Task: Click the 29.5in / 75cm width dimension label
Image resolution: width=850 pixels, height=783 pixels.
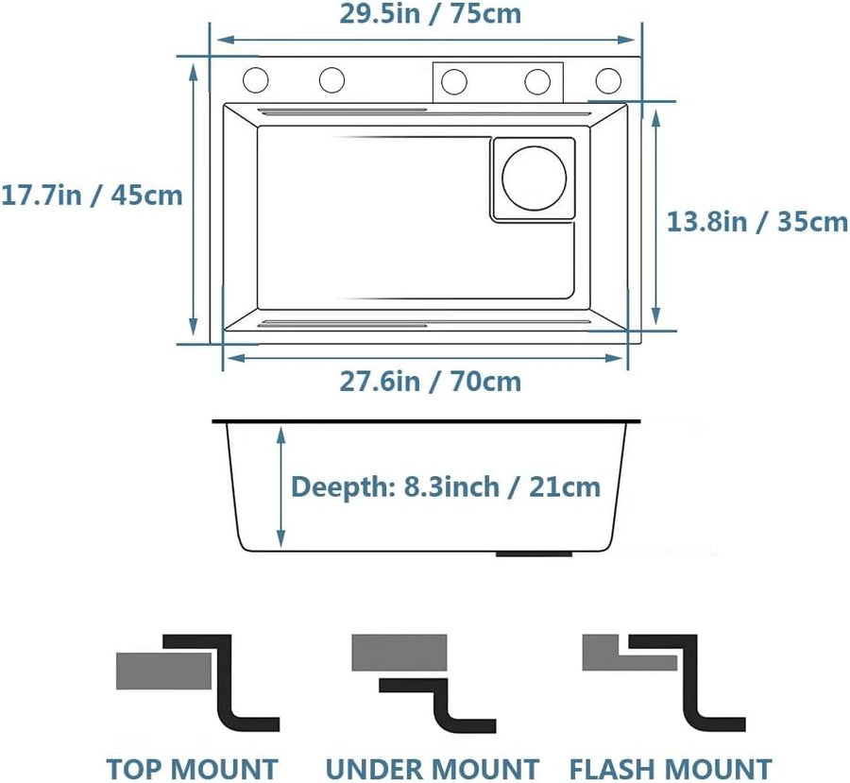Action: coord(431,14)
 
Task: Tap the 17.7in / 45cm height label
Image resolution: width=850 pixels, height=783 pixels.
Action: coord(93,196)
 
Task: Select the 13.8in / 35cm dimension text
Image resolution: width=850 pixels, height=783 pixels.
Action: coord(756,222)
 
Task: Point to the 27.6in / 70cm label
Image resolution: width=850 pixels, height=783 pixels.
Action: coord(431,382)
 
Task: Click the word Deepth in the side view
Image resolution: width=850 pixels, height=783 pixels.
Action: coord(340,487)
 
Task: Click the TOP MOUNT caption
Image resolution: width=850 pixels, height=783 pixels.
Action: coord(192,769)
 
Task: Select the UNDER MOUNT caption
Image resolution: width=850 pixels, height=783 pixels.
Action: coord(433,769)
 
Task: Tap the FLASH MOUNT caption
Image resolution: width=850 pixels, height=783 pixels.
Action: coord(671,769)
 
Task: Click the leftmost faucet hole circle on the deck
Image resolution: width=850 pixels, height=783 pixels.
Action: coord(255,80)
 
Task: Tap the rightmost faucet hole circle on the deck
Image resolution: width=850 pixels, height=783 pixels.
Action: coord(608,81)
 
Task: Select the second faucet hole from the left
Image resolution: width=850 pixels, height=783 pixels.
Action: coord(331,80)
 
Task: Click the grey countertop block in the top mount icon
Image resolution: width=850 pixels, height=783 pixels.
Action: coord(163,671)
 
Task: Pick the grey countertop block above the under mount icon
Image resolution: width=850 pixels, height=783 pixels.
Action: coord(399,653)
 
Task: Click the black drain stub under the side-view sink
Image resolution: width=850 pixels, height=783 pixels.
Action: coord(534,554)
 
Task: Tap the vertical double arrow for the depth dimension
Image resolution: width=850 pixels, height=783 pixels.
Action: coord(280,486)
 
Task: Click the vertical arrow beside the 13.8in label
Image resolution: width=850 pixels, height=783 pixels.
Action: coord(656,217)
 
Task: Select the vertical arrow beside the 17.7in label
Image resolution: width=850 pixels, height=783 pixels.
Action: coord(193,199)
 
